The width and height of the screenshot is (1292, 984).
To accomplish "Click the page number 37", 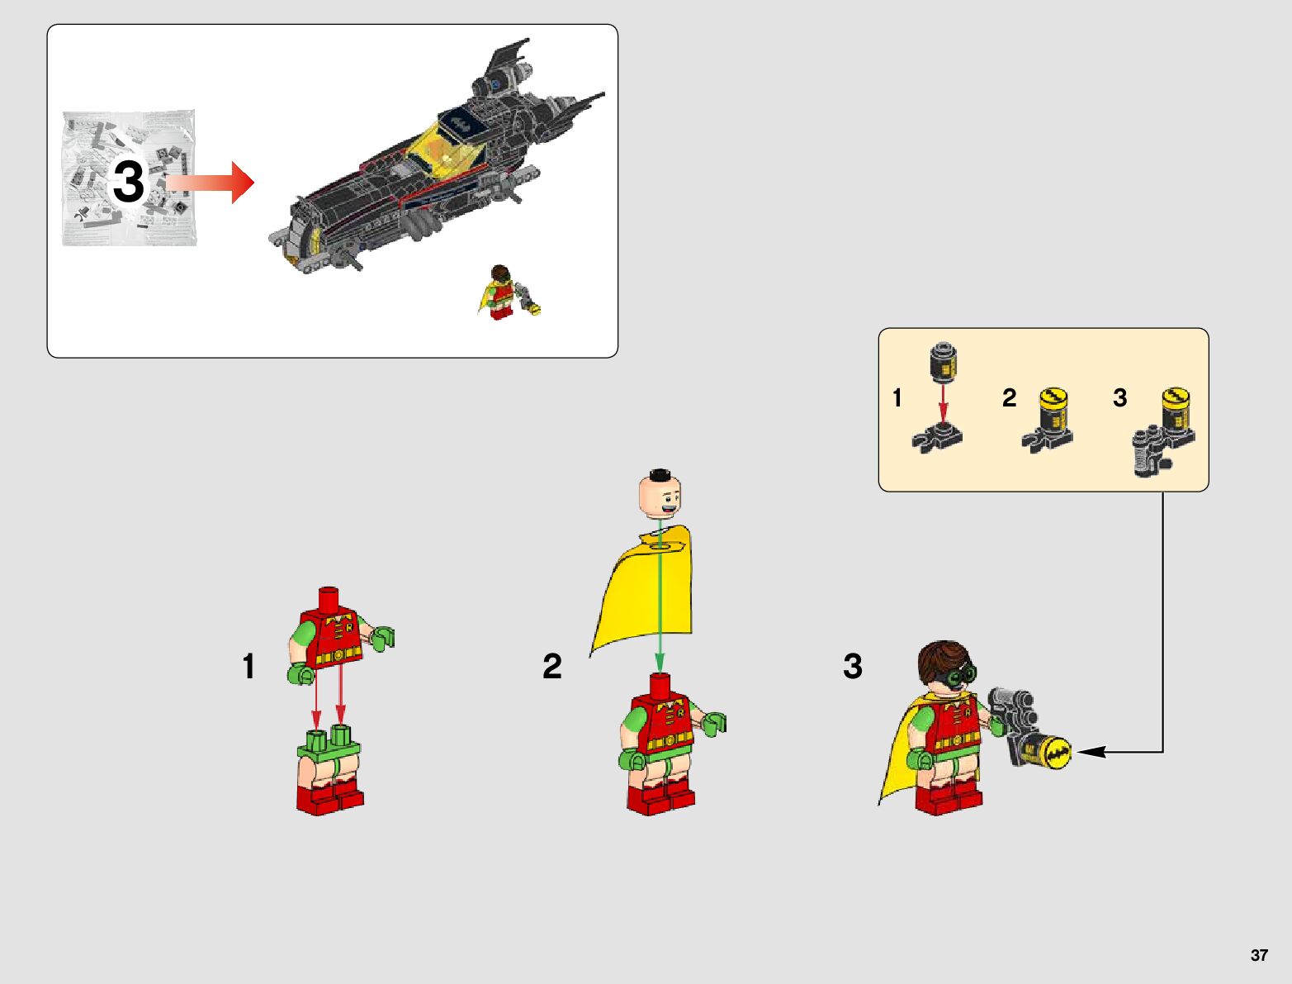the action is click(1258, 954).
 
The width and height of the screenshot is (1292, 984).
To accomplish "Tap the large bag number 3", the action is click(128, 181).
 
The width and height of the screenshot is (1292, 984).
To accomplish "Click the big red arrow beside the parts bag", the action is click(210, 183).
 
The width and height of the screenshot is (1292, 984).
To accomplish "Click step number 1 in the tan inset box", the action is click(897, 397).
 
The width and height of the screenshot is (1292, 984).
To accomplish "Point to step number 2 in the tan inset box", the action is click(1009, 397).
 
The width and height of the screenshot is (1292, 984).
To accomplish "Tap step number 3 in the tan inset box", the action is click(1119, 397).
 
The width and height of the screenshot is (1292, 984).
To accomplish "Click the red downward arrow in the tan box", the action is click(943, 404).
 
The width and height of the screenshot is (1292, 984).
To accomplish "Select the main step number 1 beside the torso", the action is click(248, 666).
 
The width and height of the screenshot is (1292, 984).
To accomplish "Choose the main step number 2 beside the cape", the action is click(552, 666).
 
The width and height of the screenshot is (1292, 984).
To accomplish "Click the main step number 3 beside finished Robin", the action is click(852, 666).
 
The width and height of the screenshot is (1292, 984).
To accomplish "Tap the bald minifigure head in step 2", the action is click(660, 494).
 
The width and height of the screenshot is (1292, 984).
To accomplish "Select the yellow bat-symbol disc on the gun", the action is click(1055, 753).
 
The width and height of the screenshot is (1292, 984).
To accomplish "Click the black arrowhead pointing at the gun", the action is click(1091, 752).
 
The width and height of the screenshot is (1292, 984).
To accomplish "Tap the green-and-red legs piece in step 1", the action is click(329, 770).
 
